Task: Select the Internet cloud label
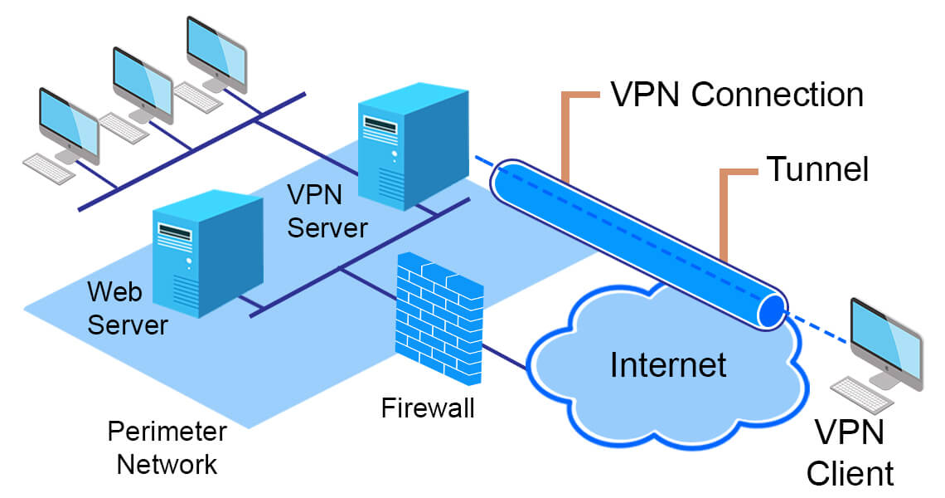pos(668,364)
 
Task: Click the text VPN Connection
pos(737,95)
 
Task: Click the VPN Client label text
pos(850,452)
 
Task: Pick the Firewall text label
pos(428,408)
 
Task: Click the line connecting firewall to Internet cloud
pos(506,354)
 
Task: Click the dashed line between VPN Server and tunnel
pos(482,162)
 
